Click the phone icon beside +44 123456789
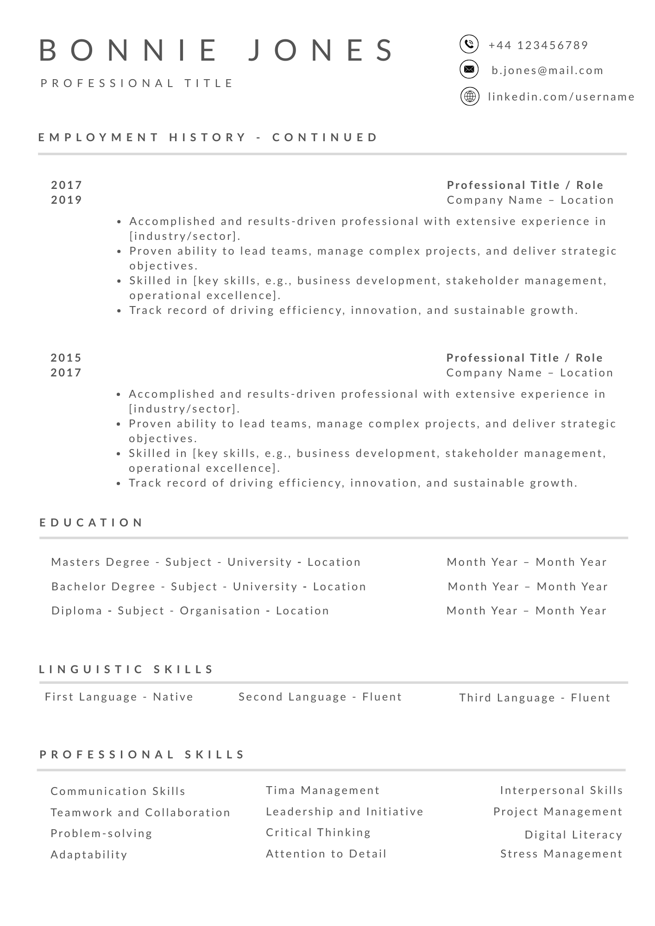[x=469, y=44]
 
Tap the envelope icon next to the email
[x=469, y=69]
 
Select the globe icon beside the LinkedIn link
[x=470, y=97]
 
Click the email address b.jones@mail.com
[x=548, y=70]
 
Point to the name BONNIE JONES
[x=217, y=50]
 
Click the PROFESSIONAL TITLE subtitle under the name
[x=138, y=83]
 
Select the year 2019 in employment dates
[x=67, y=200]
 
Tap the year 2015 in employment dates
[x=66, y=358]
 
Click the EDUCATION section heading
[x=91, y=523]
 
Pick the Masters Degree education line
[x=206, y=562]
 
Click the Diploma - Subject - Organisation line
[x=190, y=611]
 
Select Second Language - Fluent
[x=320, y=697]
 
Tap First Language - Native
[x=119, y=697]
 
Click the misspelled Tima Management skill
[x=322, y=790]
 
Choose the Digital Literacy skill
[x=573, y=835]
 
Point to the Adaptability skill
[x=89, y=855]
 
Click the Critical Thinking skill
[x=318, y=832]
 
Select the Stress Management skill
[x=561, y=854]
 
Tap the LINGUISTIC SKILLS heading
[x=126, y=669]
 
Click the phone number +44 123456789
[x=538, y=45]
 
